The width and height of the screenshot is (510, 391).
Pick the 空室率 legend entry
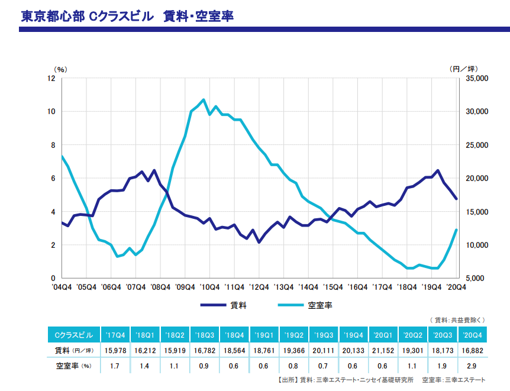pos(320,305)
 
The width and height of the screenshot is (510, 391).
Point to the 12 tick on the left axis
pos(51,78)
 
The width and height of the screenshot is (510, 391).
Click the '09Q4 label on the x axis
pos(186,287)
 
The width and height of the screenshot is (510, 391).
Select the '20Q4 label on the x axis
pos(456,287)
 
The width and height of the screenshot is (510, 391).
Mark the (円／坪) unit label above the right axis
pos(464,69)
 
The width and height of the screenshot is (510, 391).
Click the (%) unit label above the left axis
pos(61,69)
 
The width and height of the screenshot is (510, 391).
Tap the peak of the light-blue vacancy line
pos(204,99)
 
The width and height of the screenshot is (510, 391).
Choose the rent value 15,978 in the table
pos(115,350)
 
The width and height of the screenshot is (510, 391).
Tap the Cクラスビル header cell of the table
pos(73,335)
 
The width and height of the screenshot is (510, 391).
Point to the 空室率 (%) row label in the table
pos(73,366)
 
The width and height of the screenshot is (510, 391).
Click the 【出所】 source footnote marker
pos(286,379)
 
